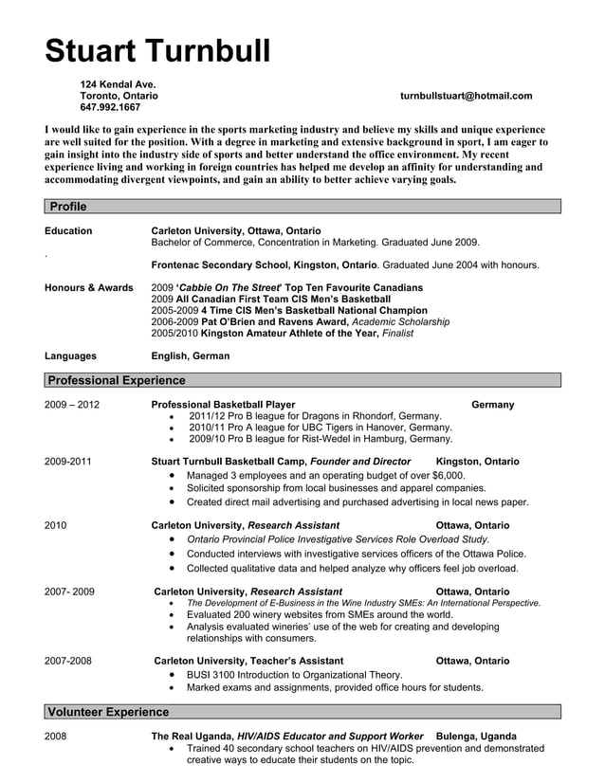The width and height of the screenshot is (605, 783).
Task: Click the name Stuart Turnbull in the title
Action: (x=157, y=50)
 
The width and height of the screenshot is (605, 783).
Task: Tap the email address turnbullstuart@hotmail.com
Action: (x=466, y=96)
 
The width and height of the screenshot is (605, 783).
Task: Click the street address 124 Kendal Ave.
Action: (x=118, y=84)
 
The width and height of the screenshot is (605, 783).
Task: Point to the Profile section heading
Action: (x=67, y=207)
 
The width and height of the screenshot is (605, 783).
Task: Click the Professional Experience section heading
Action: (x=116, y=380)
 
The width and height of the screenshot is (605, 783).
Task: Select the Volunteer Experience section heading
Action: (x=108, y=711)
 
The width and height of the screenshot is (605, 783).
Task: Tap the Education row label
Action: (x=68, y=230)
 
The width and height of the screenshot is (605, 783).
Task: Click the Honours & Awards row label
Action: (x=89, y=287)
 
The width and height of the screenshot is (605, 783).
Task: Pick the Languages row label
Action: (x=70, y=356)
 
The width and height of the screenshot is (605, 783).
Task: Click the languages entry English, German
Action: (x=191, y=356)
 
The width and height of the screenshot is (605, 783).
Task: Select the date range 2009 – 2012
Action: (x=72, y=405)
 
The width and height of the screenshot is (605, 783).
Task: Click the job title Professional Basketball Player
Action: (x=223, y=405)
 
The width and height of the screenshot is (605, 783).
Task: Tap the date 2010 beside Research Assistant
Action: (x=55, y=525)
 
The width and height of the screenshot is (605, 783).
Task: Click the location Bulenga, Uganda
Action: (x=476, y=736)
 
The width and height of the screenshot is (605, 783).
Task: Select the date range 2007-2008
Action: (x=68, y=661)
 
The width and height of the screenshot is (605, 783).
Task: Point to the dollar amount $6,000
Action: (x=448, y=475)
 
